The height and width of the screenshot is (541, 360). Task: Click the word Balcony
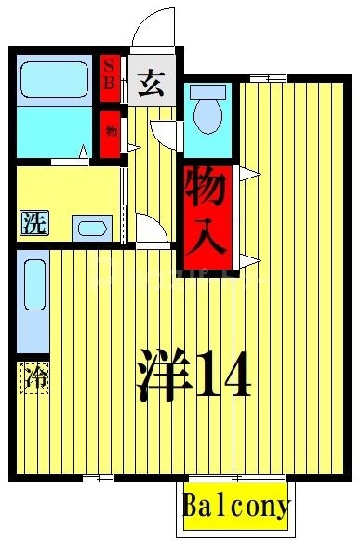click(x=235, y=508)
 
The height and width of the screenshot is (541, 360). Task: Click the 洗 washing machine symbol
click(x=32, y=223)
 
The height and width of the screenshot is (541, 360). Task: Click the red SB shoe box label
click(x=109, y=73)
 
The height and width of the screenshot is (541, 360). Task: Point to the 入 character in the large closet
click(x=206, y=239)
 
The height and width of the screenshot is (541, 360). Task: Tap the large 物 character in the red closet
click(x=206, y=191)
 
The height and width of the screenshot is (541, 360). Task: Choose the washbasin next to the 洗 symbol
click(x=90, y=228)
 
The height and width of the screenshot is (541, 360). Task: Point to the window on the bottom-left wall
click(x=98, y=478)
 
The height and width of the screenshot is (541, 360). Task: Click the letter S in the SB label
click(x=109, y=65)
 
